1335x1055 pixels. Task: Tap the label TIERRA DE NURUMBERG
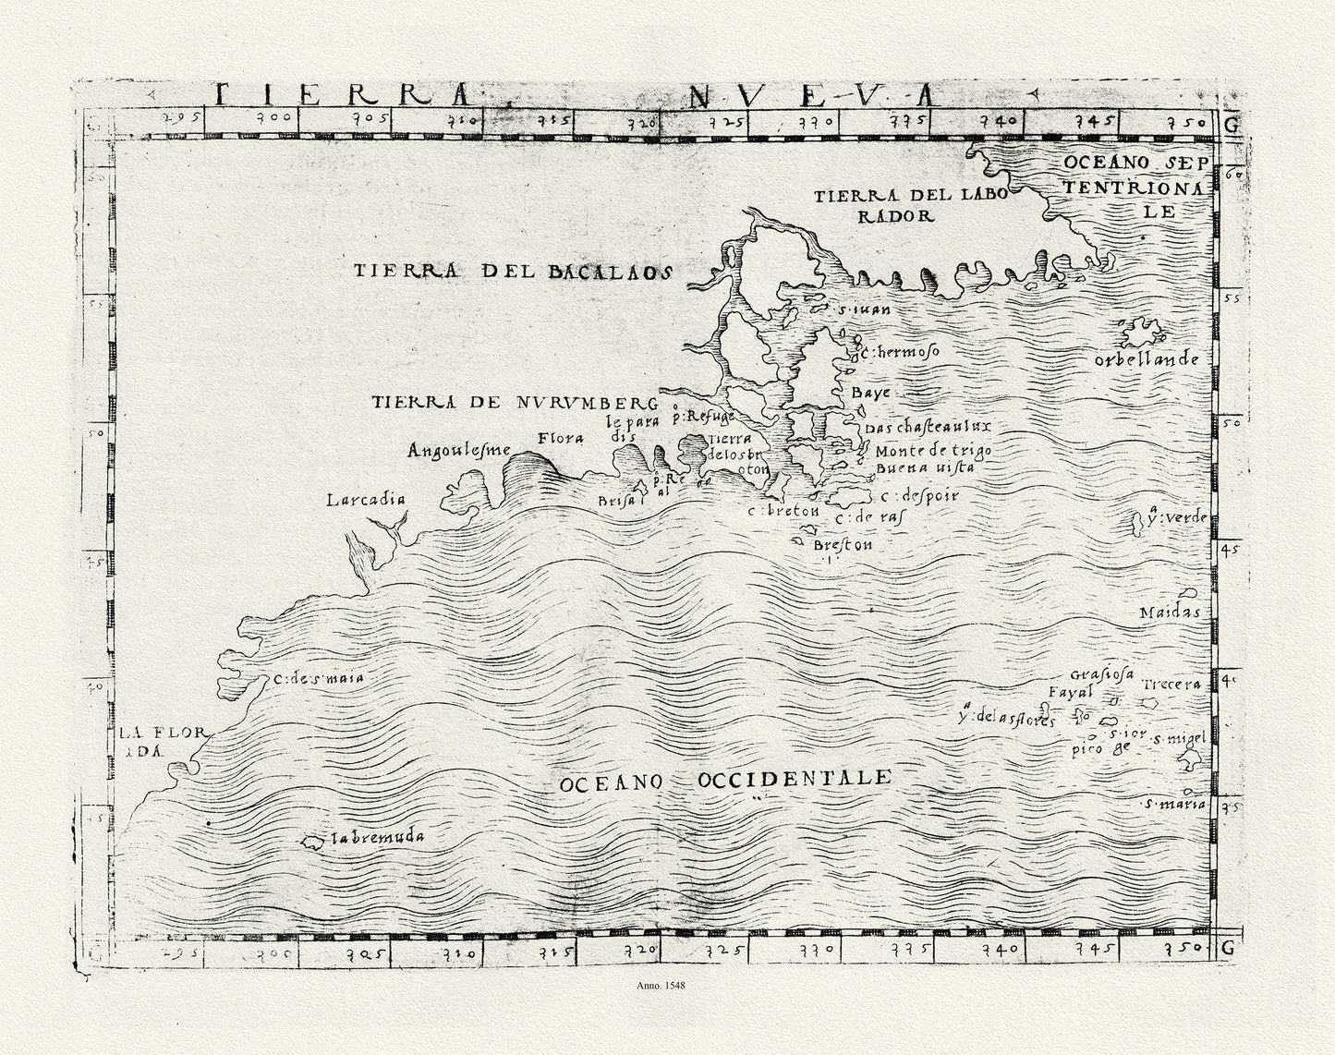coord(515,403)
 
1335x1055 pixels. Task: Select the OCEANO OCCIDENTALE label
coord(725,780)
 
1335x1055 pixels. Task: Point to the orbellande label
coord(1146,359)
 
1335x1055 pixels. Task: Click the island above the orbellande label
coord(1142,331)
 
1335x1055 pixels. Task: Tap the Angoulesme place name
coord(459,451)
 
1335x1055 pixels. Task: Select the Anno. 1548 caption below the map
coord(661,986)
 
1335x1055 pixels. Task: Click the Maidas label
coord(1169,612)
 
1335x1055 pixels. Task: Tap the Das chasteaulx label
coord(916,427)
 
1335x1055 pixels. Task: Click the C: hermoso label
coord(899,353)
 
